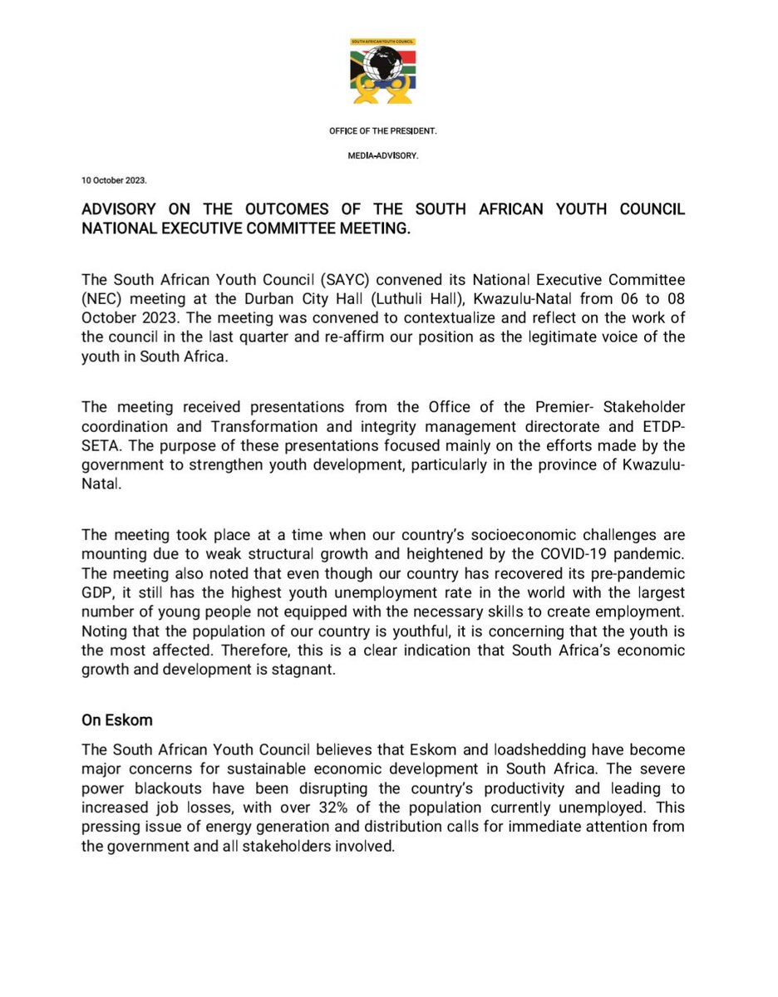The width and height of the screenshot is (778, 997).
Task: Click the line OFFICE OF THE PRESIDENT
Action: click(x=388, y=130)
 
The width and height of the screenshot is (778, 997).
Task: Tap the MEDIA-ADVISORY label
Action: click(x=388, y=154)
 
